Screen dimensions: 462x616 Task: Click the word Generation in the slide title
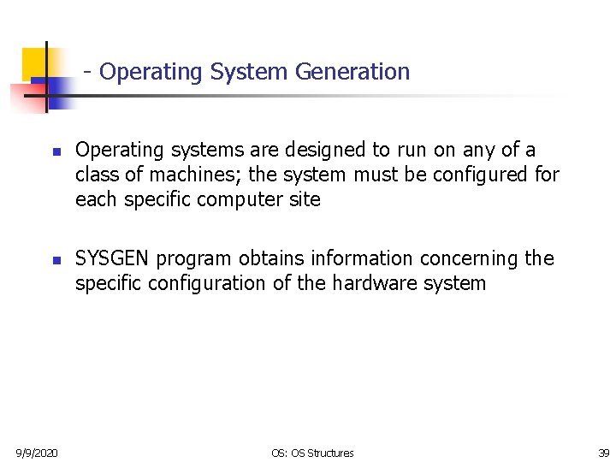tap(352, 72)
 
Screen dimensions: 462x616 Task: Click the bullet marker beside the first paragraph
tap(53, 151)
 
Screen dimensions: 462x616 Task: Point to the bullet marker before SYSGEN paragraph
tap(53, 260)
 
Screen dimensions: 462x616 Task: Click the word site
tap(304, 200)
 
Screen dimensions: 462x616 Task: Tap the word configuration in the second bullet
tap(199, 284)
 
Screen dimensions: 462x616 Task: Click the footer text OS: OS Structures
tap(311, 453)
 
